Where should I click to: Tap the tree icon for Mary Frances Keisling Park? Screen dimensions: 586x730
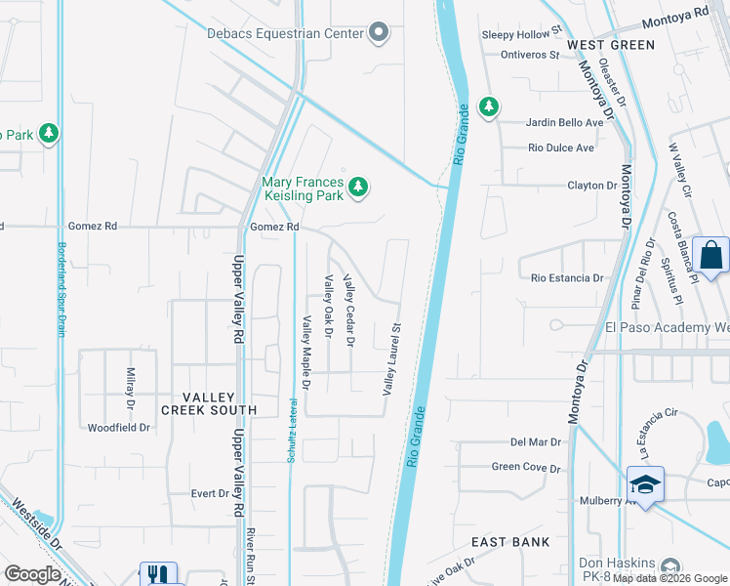[x=358, y=186]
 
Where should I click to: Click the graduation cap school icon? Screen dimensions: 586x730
[x=645, y=484]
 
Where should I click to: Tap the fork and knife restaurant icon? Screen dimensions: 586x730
[x=157, y=575]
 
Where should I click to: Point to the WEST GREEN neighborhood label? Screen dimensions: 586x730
[x=611, y=45]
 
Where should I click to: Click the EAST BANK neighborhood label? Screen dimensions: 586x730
[x=510, y=542]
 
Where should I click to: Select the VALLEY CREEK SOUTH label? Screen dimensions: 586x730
[x=203, y=410]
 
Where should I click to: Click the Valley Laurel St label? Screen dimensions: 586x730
[x=392, y=359]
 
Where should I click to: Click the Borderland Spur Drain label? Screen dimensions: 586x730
[x=61, y=288]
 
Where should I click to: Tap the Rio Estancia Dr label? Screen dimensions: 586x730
[x=567, y=278]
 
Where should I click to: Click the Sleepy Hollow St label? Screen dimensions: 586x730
[x=523, y=34]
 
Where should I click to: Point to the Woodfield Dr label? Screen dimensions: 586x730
[x=119, y=428]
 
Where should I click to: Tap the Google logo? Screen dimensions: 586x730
[x=32, y=574]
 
